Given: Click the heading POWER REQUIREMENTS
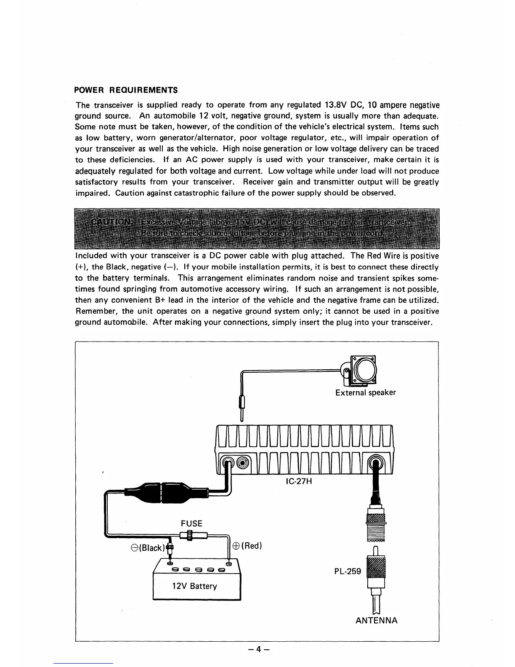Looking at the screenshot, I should (x=126, y=90).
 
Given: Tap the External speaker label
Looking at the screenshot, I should (x=365, y=392).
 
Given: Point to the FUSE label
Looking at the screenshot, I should (x=191, y=523).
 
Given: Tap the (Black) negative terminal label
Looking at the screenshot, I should (x=146, y=547).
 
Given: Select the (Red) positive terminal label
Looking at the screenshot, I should (x=247, y=546).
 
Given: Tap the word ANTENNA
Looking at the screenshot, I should (x=376, y=620).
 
